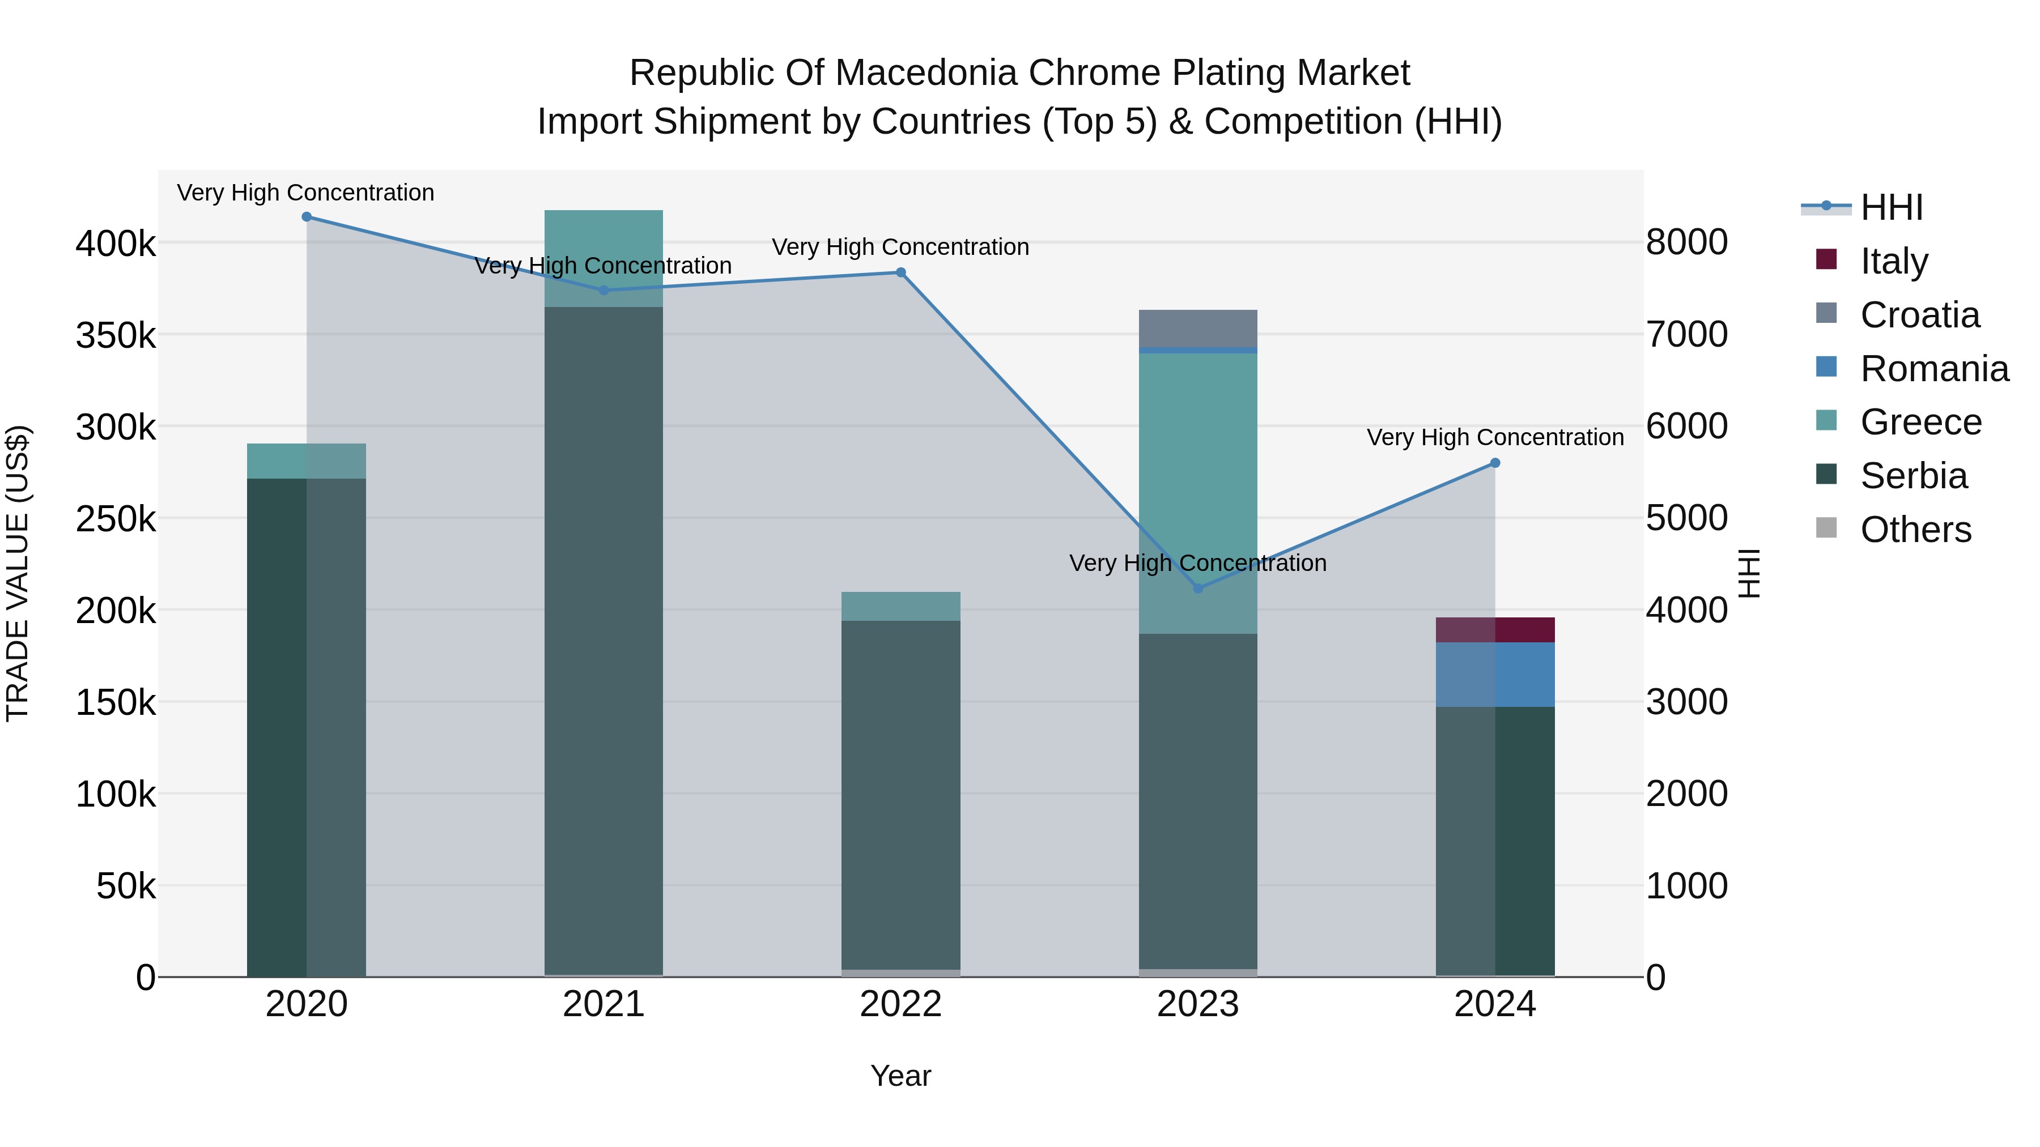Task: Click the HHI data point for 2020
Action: [x=307, y=217]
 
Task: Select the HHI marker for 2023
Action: [x=1197, y=588]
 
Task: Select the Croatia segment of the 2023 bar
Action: [x=1197, y=329]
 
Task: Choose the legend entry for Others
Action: [x=1915, y=530]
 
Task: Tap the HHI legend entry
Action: [x=1890, y=207]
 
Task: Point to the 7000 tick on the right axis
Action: [x=1686, y=334]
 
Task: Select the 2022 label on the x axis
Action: [x=900, y=1004]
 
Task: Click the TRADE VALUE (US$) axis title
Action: [x=18, y=573]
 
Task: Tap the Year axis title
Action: [x=900, y=1076]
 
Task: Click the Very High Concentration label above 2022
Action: [x=900, y=247]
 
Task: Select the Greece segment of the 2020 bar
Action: [x=307, y=460]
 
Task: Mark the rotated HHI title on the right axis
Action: [x=1749, y=573]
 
